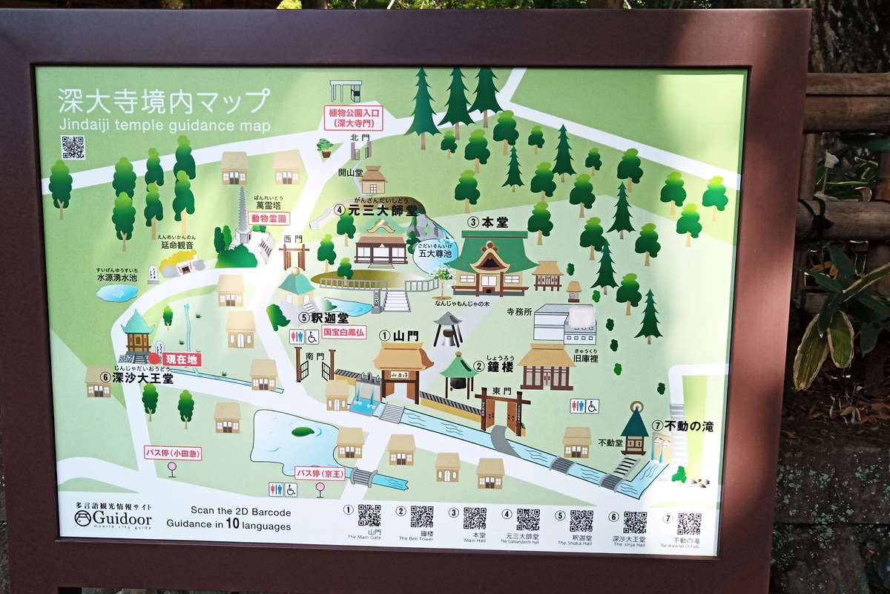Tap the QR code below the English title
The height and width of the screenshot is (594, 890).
73,147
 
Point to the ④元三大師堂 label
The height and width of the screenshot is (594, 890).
376,210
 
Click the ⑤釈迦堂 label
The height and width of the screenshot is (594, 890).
323,318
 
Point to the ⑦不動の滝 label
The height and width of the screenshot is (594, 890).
682,426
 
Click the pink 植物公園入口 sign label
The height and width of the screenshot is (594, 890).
355,117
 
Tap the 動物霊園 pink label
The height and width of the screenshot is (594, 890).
268,219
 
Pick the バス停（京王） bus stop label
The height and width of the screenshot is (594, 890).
320,473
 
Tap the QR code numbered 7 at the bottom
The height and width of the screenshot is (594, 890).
689,523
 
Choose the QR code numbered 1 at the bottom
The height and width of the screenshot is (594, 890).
369,515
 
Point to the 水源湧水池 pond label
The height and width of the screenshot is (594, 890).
117,277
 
